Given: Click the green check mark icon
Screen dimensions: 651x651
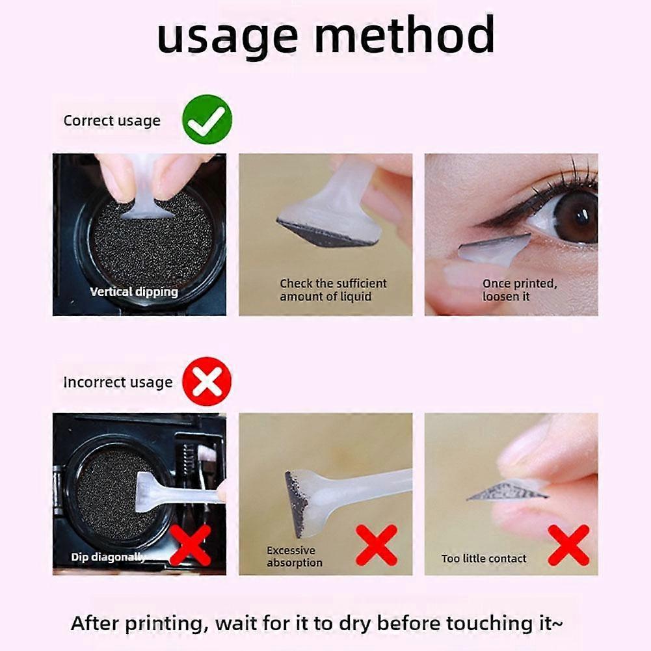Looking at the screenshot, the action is point(207,120).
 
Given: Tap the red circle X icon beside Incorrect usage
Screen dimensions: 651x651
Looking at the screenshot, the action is point(207,381).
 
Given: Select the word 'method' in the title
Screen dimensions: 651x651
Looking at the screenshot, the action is point(405,34).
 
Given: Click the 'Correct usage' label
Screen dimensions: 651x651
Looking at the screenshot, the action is point(112,121).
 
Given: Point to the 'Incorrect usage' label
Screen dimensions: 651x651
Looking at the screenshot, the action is point(118,382).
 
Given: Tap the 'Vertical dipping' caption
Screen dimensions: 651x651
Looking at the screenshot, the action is point(134,292).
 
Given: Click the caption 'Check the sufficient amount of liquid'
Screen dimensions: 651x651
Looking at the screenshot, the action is point(333,290).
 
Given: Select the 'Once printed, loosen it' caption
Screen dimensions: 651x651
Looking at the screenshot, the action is point(520,290).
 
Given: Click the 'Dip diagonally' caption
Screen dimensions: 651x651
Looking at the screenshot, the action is point(109,557).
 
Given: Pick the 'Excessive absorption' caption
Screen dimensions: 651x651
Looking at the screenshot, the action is point(295,556).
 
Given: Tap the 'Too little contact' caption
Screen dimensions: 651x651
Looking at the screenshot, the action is point(484,559).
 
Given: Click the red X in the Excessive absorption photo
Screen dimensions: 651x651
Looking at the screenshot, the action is point(377,545).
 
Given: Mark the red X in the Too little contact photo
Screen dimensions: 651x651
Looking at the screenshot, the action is point(568,545).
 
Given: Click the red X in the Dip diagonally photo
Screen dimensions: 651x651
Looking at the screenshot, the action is point(191,545).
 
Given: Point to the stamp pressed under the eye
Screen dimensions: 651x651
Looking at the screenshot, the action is point(494,250).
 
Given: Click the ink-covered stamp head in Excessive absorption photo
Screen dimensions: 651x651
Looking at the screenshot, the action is point(297,500).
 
